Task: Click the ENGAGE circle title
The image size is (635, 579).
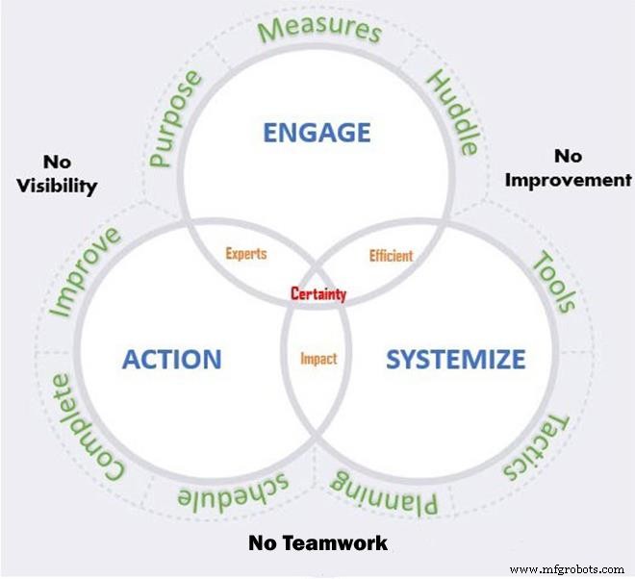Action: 317,132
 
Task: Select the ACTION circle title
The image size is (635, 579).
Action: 171,360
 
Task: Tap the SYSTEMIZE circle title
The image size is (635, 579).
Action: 455,360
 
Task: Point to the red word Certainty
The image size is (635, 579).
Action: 318,294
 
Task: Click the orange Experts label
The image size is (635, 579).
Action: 246,255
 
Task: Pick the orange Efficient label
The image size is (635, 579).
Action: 391,256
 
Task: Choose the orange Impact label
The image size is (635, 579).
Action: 318,359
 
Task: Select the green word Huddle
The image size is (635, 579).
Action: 452,112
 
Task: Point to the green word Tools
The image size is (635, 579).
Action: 554,282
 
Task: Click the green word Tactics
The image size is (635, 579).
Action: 539,447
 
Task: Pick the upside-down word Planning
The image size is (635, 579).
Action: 384,490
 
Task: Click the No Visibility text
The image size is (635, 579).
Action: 57,173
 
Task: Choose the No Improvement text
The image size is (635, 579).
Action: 568,167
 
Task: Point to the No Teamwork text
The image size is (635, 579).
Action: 317,543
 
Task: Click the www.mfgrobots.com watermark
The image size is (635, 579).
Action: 567,569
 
